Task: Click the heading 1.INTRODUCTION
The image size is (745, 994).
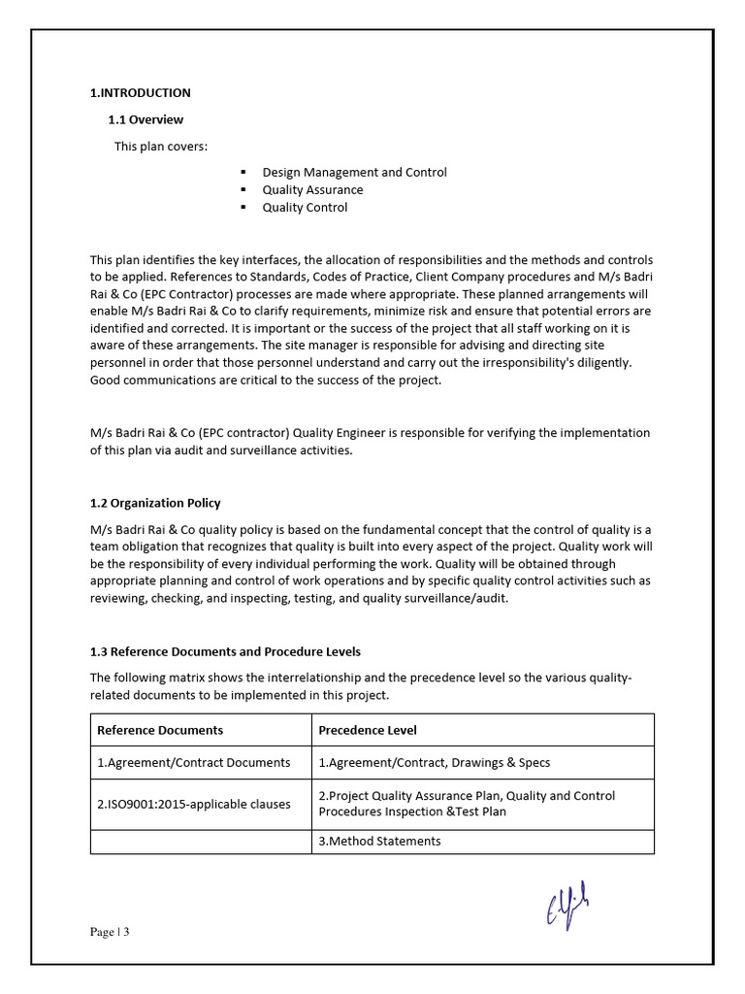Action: pyautogui.click(x=140, y=93)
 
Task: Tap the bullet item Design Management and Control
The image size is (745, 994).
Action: pyautogui.click(x=354, y=172)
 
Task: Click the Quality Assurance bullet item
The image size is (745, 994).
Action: pyautogui.click(x=312, y=189)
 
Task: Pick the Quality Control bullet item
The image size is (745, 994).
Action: pyautogui.click(x=305, y=207)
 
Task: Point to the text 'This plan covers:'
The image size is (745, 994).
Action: pyautogui.click(x=161, y=147)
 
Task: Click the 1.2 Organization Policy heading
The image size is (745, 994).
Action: pyautogui.click(x=155, y=503)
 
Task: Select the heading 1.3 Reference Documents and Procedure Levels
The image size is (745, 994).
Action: pyautogui.click(x=225, y=651)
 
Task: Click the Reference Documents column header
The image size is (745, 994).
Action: pyautogui.click(x=160, y=730)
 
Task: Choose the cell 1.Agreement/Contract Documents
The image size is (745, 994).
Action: pyautogui.click(x=193, y=763)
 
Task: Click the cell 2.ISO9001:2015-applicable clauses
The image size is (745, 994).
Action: pyautogui.click(x=193, y=804)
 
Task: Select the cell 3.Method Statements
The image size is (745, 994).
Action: pyautogui.click(x=379, y=842)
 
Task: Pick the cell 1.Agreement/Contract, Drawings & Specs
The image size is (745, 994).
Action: pyautogui.click(x=434, y=763)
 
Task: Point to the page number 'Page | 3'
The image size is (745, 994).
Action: pyautogui.click(x=110, y=933)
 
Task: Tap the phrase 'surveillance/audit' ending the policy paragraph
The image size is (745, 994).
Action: pyautogui.click(x=455, y=598)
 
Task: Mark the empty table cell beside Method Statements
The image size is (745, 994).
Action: pyautogui.click(x=201, y=842)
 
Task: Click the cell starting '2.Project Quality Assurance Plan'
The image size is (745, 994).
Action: pyautogui.click(x=466, y=804)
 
